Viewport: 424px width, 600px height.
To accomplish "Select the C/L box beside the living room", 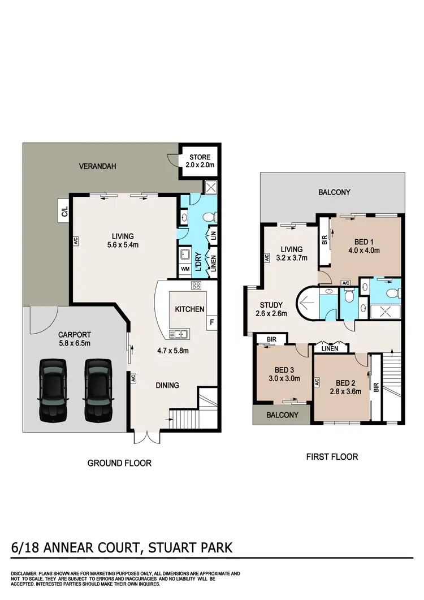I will click(x=64, y=212).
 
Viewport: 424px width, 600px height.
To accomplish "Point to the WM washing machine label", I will click(x=185, y=269).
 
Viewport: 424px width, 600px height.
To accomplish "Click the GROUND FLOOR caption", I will click(x=119, y=463).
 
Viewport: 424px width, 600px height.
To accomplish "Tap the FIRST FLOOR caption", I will click(x=332, y=456).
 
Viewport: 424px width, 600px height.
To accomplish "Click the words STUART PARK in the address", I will click(x=184, y=548).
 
